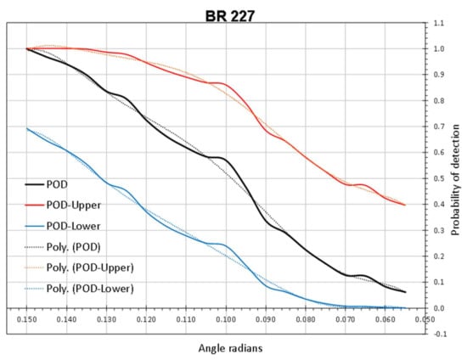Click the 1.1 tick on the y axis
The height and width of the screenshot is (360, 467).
(439, 23)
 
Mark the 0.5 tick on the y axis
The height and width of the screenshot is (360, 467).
(439, 178)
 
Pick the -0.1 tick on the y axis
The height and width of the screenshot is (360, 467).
(438, 334)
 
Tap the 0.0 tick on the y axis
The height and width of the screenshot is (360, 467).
(439, 308)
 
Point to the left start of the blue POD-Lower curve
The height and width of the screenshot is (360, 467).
(28, 128)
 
